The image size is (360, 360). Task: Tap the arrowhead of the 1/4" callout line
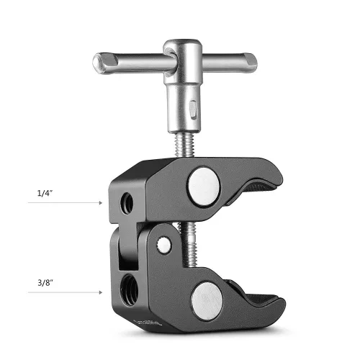coord(101,204)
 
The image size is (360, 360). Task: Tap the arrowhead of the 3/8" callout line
coord(101,292)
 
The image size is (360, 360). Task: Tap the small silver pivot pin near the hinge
coord(165,245)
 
